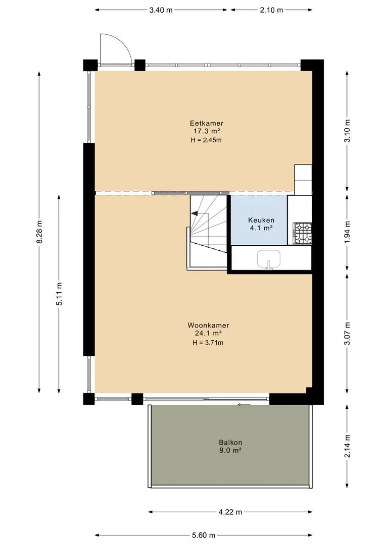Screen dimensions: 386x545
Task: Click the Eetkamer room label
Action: [x=207, y=123]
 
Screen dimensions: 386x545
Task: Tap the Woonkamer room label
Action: [x=208, y=325]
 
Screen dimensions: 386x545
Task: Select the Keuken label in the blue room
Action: [x=261, y=220]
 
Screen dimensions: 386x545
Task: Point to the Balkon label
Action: [x=230, y=443]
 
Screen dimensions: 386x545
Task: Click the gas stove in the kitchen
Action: [x=303, y=233]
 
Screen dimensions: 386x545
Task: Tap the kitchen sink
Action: [x=269, y=259]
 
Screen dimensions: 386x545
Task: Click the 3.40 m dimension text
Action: [x=161, y=10]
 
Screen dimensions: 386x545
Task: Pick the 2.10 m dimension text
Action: [x=271, y=10]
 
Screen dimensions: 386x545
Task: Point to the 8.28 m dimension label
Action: [x=39, y=232]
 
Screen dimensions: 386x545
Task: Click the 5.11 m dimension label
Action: [x=59, y=294]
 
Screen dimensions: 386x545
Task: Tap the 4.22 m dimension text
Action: [x=230, y=512]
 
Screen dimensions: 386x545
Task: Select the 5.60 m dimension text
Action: [x=204, y=535]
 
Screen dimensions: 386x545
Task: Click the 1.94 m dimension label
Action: [x=347, y=232]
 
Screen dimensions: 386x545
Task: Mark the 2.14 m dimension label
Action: [x=347, y=446]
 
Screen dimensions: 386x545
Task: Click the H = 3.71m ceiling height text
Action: [x=208, y=343]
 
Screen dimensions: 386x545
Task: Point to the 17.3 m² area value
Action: [x=207, y=131]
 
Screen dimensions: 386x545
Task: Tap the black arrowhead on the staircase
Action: [x=195, y=213]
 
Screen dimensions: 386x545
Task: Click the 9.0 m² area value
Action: [x=230, y=451]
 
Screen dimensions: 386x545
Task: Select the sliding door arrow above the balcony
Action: [x=244, y=404]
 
